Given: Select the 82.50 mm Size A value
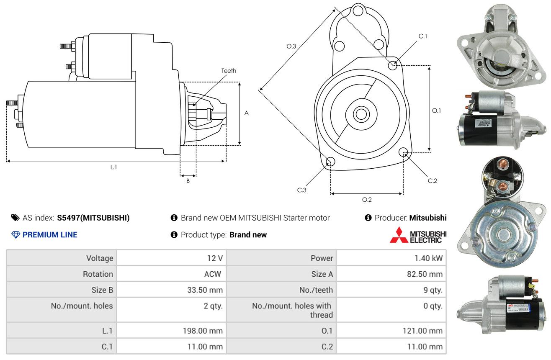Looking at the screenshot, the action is [425, 274].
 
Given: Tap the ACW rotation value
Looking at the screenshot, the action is [213, 274].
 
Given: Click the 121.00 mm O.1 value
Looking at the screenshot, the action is [422, 331].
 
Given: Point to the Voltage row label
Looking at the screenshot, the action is [100, 258].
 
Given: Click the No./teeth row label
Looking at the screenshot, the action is [316, 290].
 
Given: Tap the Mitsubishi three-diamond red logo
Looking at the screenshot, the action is [399, 235].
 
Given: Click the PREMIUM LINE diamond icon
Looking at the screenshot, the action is [16, 234].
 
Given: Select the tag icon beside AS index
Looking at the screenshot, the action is [15, 218].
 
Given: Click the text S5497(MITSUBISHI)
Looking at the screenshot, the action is [93, 218].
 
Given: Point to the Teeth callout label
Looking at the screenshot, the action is [229, 71].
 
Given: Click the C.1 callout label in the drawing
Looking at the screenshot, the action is [423, 36].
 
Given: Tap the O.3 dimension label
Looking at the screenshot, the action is [291, 46].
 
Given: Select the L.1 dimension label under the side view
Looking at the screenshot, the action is [113, 167].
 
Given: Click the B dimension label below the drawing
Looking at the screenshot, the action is [188, 181].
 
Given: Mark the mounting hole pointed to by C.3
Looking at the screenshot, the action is [330, 162].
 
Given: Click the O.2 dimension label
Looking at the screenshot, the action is [367, 200].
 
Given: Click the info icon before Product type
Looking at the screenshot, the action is [174, 234].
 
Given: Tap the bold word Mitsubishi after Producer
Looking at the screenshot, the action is [428, 218].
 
